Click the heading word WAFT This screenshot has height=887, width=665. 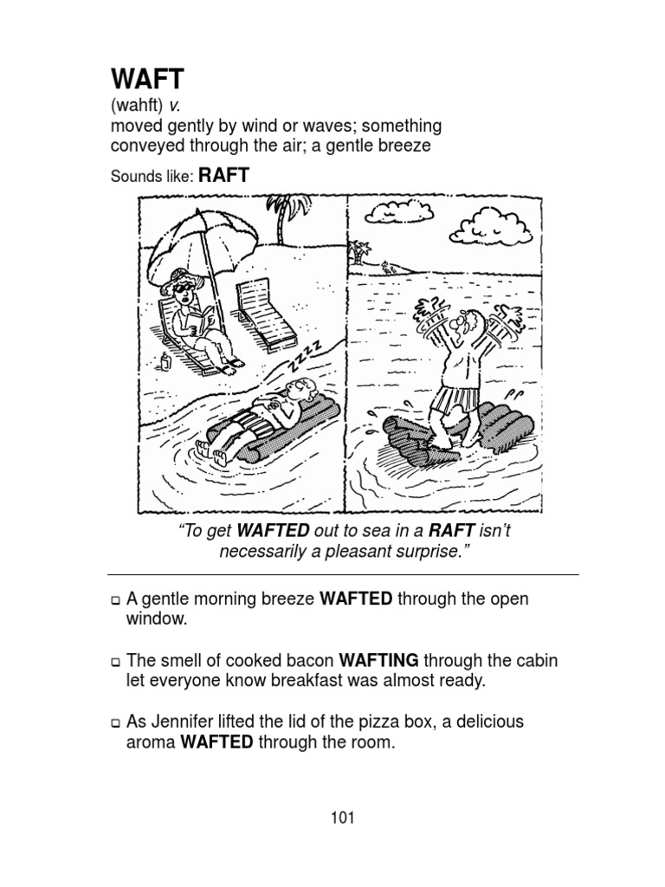click(147, 79)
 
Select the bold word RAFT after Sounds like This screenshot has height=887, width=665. click(224, 175)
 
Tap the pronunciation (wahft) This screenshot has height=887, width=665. click(137, 105)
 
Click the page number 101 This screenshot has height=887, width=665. click(343, 817)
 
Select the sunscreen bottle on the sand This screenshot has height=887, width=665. click(165, 361)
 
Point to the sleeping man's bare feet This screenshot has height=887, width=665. click(211, 450)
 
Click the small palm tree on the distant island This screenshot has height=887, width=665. click(358, 252)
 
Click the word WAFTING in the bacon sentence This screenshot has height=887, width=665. click(378, 660)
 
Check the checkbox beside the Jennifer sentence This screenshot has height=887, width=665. click(115, 722)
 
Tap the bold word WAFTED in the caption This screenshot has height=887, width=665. click(273, 531)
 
